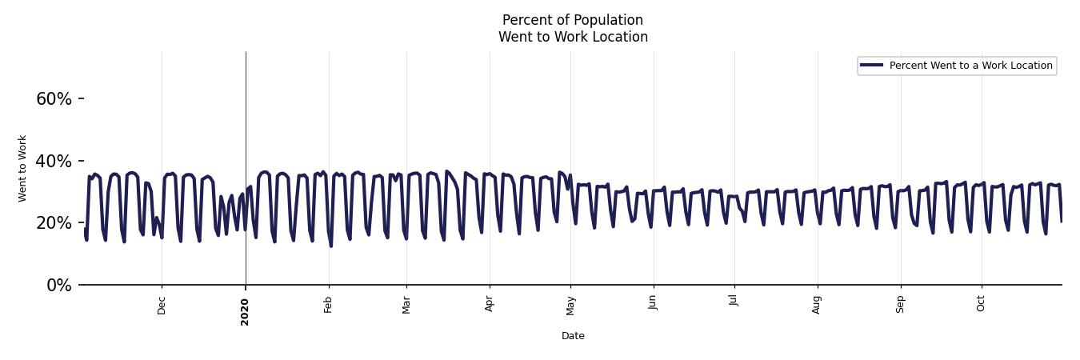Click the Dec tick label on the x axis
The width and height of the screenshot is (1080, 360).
pos(162,306)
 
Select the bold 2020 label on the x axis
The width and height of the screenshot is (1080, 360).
pos(245,312)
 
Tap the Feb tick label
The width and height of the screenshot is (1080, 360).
pos(328,305)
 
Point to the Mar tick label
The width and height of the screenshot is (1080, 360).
pos(406,305)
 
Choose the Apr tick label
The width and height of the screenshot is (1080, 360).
pos(490,305)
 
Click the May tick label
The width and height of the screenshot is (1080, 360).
pos(570,305)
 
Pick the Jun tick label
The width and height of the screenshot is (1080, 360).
pos(653,305)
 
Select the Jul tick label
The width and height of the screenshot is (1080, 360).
pos(734,303)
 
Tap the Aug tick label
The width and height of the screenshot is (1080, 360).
pos(817,305)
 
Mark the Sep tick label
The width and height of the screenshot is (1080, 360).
pos(900,305)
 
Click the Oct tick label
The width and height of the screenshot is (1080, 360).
pos(981,304)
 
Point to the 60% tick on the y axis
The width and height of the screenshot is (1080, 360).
pos(54,99)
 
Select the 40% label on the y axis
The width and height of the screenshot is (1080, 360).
pos(54,162)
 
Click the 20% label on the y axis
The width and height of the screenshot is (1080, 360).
pos(54,223)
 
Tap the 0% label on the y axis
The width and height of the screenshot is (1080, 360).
pos(58,286)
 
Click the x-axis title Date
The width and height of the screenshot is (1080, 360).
pos(573,336)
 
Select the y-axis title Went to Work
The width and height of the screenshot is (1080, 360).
pos(22,168)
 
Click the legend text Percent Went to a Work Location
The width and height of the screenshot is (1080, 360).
pos(970,66)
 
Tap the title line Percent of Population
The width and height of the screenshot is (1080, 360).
pos(573,20)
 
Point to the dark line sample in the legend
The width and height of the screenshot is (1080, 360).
pos(872,66)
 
